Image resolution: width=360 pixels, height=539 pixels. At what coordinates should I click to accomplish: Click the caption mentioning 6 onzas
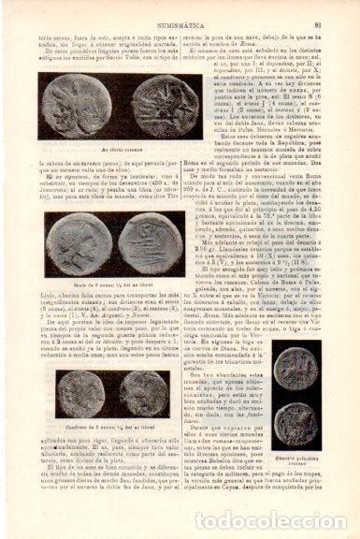pyautogui.click(x=99, y=281)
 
